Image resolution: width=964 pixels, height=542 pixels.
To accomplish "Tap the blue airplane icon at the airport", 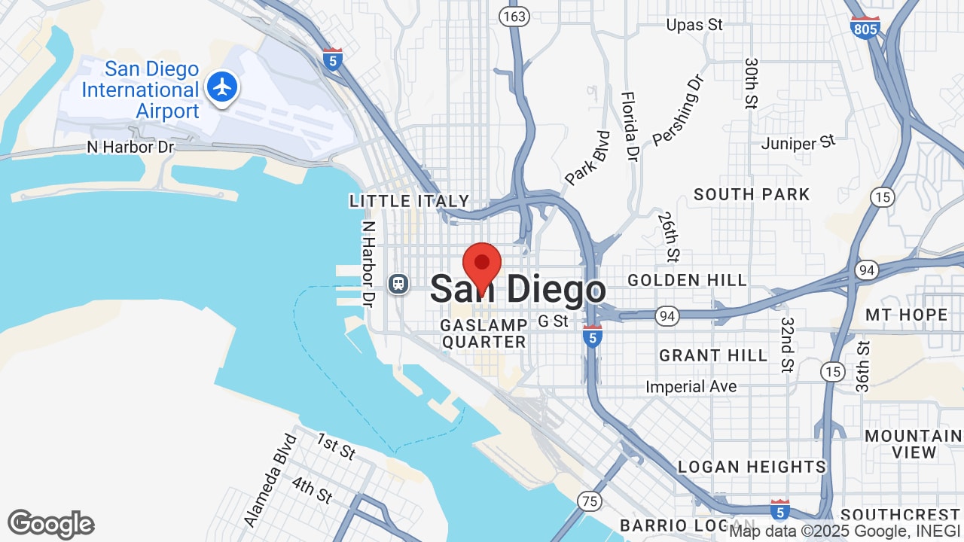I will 222,87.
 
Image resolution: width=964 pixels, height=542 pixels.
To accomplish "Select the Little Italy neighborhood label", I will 409,201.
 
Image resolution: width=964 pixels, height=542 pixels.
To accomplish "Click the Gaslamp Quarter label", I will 484,333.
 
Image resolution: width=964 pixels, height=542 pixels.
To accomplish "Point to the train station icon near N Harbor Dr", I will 398,284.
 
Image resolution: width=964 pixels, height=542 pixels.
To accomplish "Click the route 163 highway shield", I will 517,16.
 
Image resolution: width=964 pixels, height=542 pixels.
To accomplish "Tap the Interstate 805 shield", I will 865,28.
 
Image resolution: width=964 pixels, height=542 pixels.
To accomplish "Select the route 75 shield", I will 590,500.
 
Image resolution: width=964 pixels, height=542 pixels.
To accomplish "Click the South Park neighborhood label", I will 751,194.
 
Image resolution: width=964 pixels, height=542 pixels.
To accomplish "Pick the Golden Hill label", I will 687,280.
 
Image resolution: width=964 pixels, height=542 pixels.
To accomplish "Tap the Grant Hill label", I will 712,355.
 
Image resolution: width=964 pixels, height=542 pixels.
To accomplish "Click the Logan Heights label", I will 751,467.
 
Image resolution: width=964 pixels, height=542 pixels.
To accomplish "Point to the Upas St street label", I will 694,25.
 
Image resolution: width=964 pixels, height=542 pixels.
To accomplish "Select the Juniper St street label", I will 798,142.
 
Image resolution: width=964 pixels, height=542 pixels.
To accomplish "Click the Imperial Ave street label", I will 691,387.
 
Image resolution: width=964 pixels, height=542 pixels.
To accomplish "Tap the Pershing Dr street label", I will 677,110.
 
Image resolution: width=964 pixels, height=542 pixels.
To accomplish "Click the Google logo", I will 50,524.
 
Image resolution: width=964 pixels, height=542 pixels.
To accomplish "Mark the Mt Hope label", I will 905,315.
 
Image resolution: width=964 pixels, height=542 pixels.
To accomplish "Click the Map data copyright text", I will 844,531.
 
